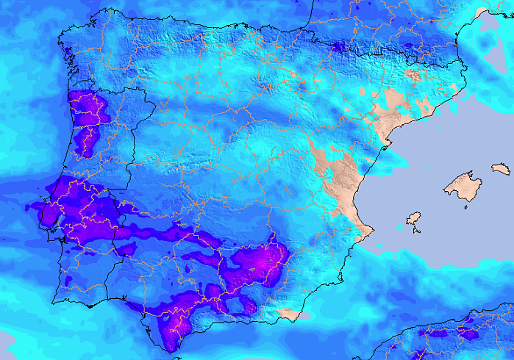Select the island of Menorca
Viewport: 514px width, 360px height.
point(500,168)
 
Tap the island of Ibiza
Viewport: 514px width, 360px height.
point(413,219)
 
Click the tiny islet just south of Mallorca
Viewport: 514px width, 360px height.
point(466,207)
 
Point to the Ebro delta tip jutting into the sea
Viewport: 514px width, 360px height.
point(385,148)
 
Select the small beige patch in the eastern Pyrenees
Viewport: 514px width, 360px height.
point(412,75)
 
